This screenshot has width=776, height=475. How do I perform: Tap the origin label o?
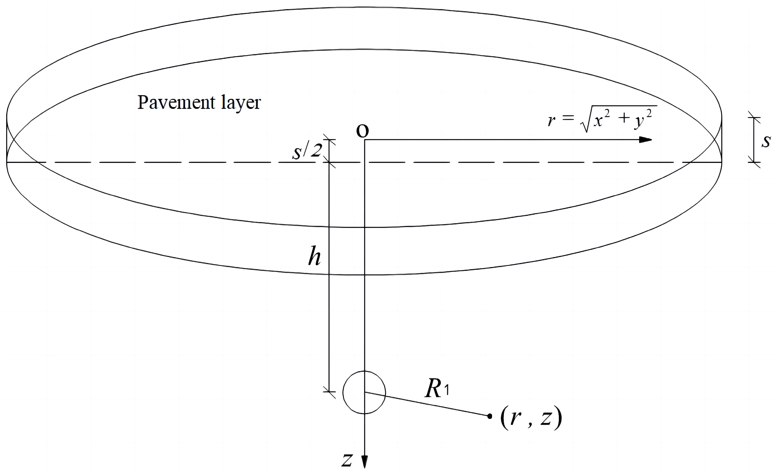[x=362, y=131]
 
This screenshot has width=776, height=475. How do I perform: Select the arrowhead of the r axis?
[x=645, y=140]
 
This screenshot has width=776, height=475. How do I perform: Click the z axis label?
[x=347, y=460]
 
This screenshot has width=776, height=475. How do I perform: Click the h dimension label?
[x=314, y=257]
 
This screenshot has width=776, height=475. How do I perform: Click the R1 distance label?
[x=437, y=389]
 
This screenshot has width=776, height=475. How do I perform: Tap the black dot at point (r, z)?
[x=489, y=416]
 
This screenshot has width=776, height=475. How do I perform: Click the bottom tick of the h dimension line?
[x=329, y=392]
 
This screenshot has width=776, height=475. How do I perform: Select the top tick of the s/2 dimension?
[x=329, y=139]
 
